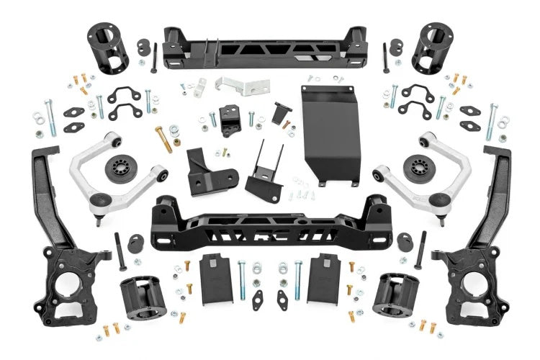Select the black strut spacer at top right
click(x=433, y=48)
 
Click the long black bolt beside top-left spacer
click(x=154, y=58)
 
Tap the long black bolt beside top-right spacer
click(x=386, y=58)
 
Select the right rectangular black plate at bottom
click(x=323, y=277)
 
